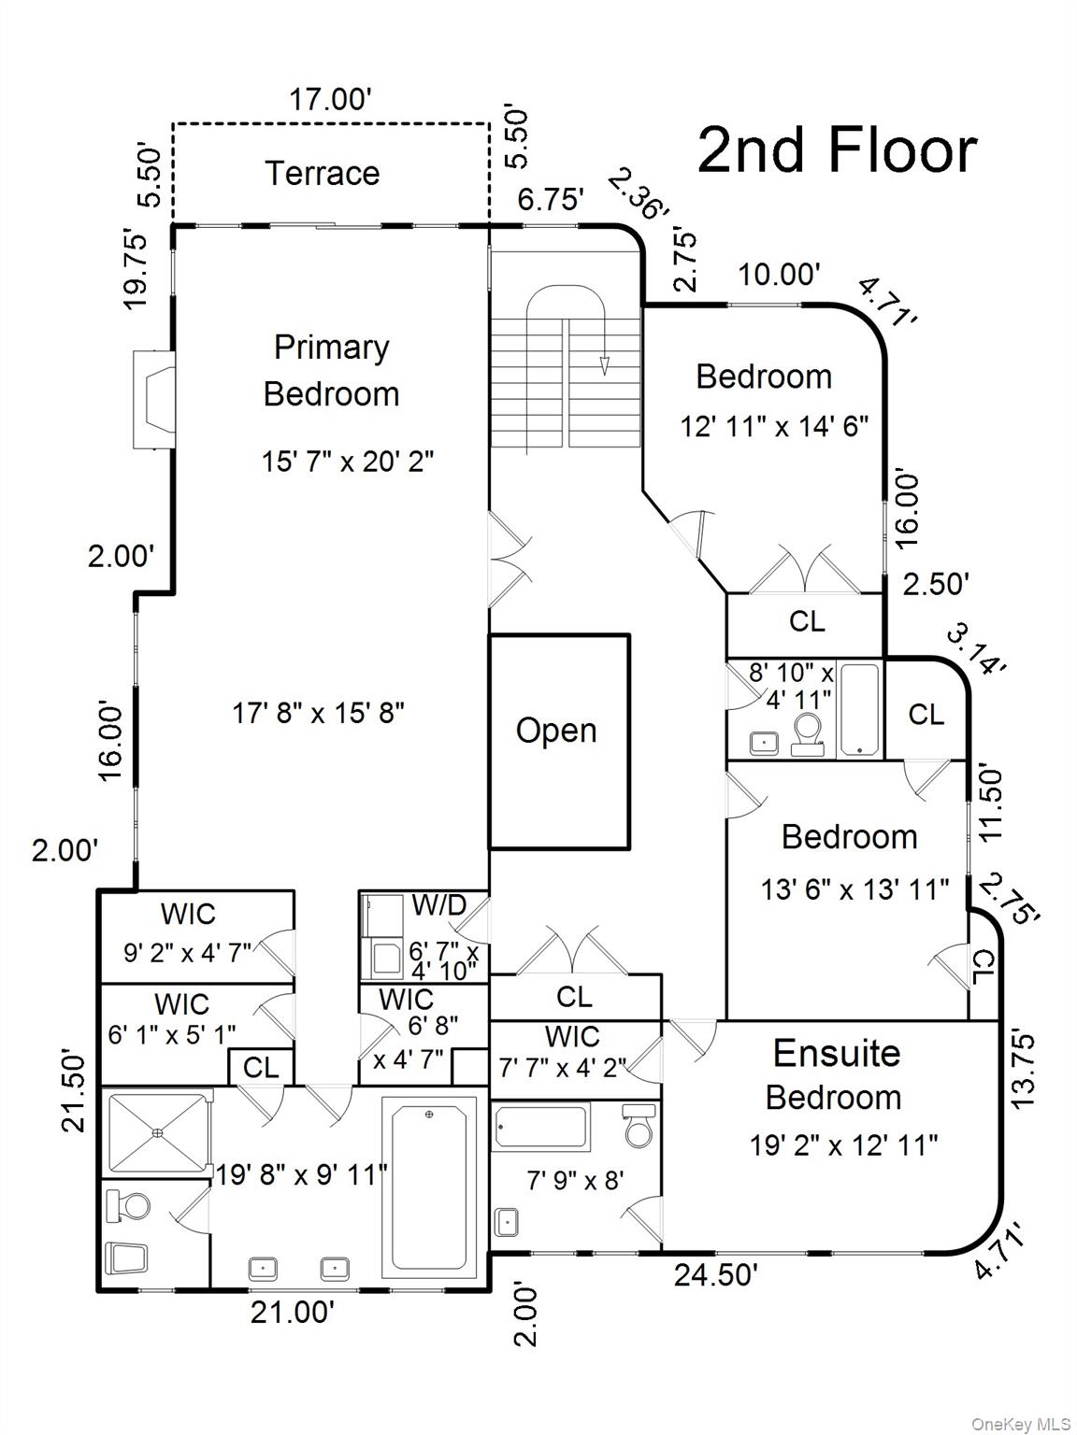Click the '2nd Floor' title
(x=837, y=150)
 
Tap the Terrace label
(x=322, y=173)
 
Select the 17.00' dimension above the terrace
(x=330, y=99)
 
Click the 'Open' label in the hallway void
(x=556, y=731)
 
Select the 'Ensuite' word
(x=836, y=1053)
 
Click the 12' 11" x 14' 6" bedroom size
(x=774, y=426)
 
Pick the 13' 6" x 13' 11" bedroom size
(x=854, y=888)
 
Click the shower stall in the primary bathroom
(x=156, y=1133)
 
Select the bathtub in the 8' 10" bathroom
(x=859, y=709)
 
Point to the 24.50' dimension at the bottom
(x=716, y=1274)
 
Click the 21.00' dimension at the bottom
(x=292, y=1312)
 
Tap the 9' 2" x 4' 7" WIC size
(x=188, y=953)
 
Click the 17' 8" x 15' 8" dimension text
(x=318, y=713)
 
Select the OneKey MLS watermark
(x=1021, y=1424)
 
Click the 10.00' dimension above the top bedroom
(x=779, y=275)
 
